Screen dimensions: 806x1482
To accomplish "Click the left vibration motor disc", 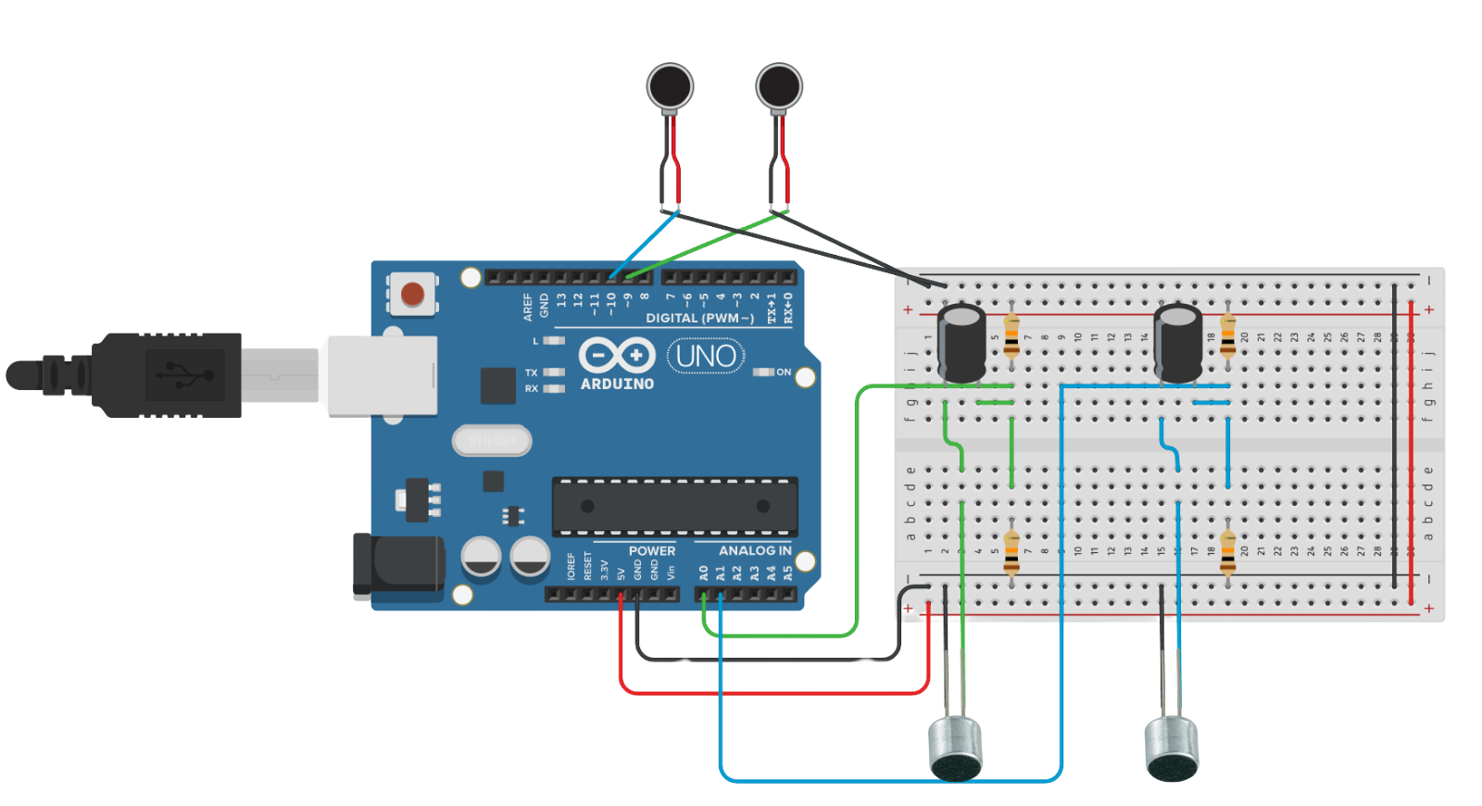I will pyautogui.click(x=670, y=87).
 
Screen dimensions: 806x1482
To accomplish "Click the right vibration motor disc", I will pyautogui.click(x=779, y=87).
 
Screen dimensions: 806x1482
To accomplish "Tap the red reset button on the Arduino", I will pyautogui.click(x=412, y=295).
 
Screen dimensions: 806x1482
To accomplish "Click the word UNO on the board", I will pyautogui.click(x=706, y=356).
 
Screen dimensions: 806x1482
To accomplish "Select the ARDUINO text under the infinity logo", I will pyautogui.click(x=617, y=384).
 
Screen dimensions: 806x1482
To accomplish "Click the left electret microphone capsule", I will pyautogui.click(x=955, y=749).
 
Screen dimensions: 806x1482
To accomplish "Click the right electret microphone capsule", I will pyautogui.click(x=1172, y=749).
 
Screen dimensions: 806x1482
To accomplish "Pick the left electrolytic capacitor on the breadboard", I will pyautogui.click(x=961, y=345).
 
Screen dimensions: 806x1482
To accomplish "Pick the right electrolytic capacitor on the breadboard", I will pyautogui.click(x=1177, y=345).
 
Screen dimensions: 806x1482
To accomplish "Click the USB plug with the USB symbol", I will pyautogui.click(x=176, y=375).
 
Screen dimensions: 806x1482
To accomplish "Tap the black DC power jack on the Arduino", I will pyautogui.click(x=398, y=563).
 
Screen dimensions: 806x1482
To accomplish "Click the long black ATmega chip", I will pyautogui.click(x=674, y=507).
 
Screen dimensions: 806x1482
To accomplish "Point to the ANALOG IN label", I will pyautogui.click(x=755, y=550).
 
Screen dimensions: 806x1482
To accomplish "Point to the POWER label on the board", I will pyautogui.click(x=652, y=550).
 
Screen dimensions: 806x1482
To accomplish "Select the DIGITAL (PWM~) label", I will pyautogui.click(x=699, y=318).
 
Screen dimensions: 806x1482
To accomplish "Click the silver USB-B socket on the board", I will pyautogui.click(x=382, y=375).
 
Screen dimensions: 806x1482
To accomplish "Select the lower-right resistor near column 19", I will pyautogui.click(x=1227, y=552).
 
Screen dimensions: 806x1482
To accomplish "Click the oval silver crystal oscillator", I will pyautogui.click(x=492, y=441).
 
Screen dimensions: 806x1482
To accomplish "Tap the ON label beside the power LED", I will pyautogui.click(x=784, y=372).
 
